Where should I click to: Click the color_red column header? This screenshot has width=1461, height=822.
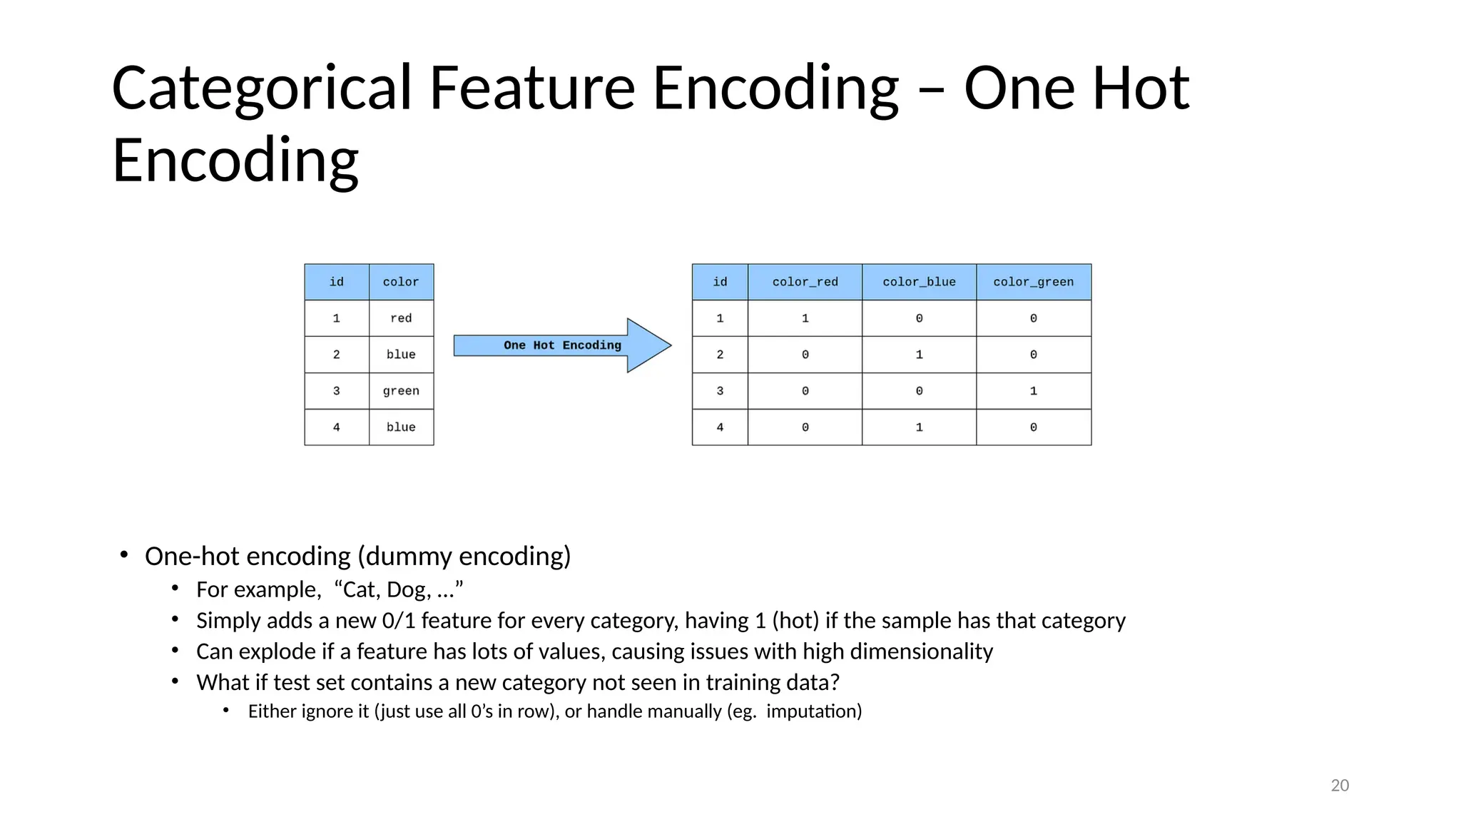(805, 282)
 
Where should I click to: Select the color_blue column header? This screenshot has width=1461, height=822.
(919, 282)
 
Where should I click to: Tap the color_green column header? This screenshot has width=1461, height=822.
(1033, 282)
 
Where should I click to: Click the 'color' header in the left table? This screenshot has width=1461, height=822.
(401, 282)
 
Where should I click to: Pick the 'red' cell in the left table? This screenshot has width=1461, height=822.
(401, 318)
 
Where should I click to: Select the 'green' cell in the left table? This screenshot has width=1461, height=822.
(401, 391)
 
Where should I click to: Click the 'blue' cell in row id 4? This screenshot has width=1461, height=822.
(401, 427)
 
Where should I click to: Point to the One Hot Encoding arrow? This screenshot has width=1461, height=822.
(562, 345)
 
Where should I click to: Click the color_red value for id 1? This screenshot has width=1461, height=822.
(805, 318)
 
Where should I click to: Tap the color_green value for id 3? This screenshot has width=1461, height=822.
(1033, 391)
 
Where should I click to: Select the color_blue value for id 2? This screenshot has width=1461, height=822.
(919, 355)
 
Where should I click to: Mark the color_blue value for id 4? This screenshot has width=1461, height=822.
(919, 427)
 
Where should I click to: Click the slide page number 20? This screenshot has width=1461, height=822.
(1340, 786)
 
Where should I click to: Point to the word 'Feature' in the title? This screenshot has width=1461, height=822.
(531, 88)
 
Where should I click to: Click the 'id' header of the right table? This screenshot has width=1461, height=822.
(720, 282)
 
